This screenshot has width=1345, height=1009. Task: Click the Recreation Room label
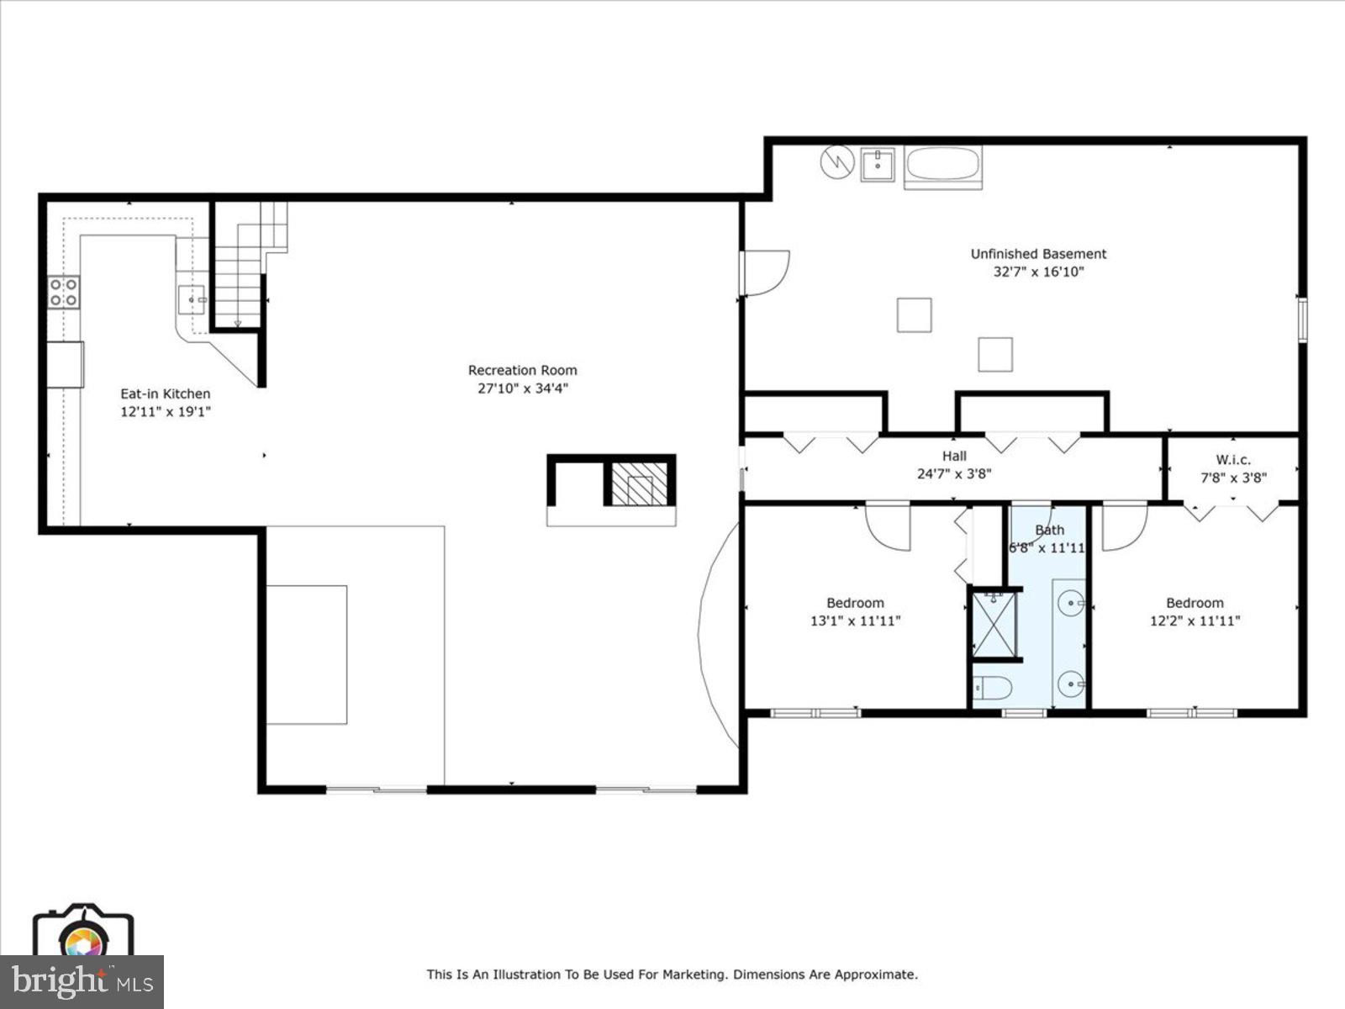522,370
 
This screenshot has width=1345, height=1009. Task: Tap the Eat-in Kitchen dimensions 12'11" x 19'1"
165,412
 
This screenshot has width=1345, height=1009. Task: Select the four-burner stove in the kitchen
64,293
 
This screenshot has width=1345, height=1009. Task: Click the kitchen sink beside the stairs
193,299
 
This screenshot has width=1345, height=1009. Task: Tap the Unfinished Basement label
1038,254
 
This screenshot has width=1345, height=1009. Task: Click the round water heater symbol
837,161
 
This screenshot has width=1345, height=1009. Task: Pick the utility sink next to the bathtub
880,164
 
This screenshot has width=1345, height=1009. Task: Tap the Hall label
954,457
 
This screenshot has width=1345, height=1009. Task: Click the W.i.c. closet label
1233,460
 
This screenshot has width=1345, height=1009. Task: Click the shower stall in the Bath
994,625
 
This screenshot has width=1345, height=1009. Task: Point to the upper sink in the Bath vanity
1070,602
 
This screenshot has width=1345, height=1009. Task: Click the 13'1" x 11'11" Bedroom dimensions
855,621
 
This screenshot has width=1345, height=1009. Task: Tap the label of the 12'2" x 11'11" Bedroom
1195,603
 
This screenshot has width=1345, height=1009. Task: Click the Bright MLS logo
82,981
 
